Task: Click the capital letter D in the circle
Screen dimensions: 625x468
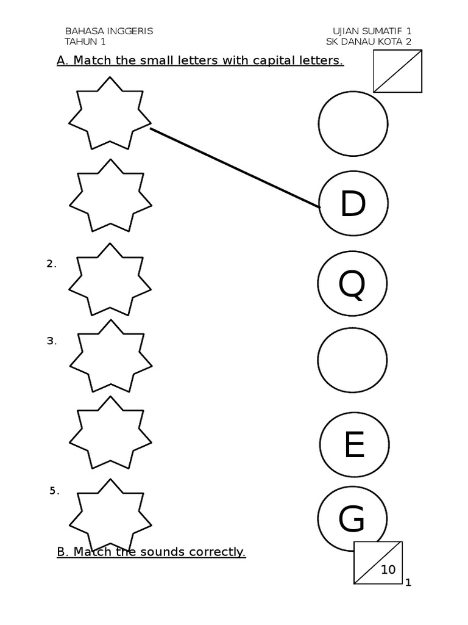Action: pyautogui.click(x=352, y=204)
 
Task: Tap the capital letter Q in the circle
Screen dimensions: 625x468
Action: pyautogui.click(x=352, y=284)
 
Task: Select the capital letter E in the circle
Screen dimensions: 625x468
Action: pyautogui.click(x=353, y=445)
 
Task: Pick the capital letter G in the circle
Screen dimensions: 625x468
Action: pyautogui.click(x=352, y=520)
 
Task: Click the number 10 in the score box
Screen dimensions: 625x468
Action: pyautogui.click(x=388, y=570)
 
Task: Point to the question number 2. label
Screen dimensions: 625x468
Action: pyautogui.click(x=51, y=264)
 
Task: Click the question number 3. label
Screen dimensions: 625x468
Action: pyautogui.click(x=52, y=341)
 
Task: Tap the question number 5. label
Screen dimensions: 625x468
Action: pyautogui.click(x=54, y=491)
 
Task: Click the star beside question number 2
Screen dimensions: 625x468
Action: pyautogui.click(x=110, y=280)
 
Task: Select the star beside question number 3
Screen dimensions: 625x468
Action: pyautogui.click(x=110, y=356)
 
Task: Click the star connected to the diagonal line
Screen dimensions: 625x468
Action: pyautogui.click(x=110, y=113)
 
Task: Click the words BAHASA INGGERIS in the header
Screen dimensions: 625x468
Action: pyautogui.click(x=108, y=31)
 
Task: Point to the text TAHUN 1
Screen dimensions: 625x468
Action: pyautogui.click(x=85, y=42)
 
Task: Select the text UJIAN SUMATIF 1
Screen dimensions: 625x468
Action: pyautogui.click(x=372, y=31)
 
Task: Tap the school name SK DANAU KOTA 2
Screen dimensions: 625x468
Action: pyautogui.click(x=369, y=42)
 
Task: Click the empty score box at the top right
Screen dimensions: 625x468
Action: pyautogui.click(x=397, y=71)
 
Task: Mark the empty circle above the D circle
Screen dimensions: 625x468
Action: pyautogui.click(x=353, y=124)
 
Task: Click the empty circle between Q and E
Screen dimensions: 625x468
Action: pyautogui.click(x=352, y=360)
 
